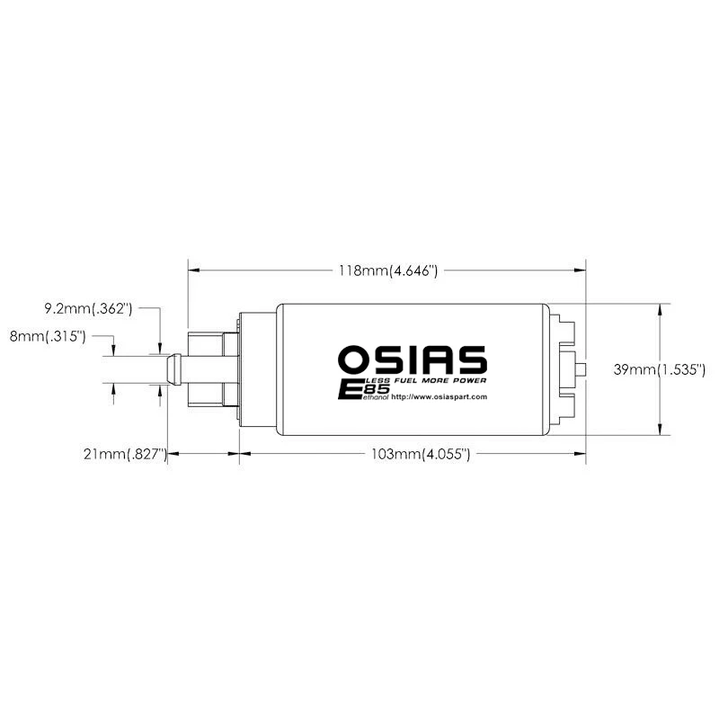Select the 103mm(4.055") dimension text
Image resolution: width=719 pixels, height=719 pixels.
pos(422,455)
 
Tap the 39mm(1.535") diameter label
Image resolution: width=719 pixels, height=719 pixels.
pos(661,369)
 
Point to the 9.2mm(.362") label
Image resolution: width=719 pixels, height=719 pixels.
pos(88,309)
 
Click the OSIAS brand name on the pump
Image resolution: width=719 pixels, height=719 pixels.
pos(413,359)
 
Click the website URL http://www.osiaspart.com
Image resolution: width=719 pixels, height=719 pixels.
pos(439,396)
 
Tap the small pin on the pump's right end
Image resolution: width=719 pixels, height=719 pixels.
pos(582,369)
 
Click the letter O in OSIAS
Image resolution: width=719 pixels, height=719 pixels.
pos(352,359)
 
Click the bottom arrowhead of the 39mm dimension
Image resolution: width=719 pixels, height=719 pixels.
pos(661,431)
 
